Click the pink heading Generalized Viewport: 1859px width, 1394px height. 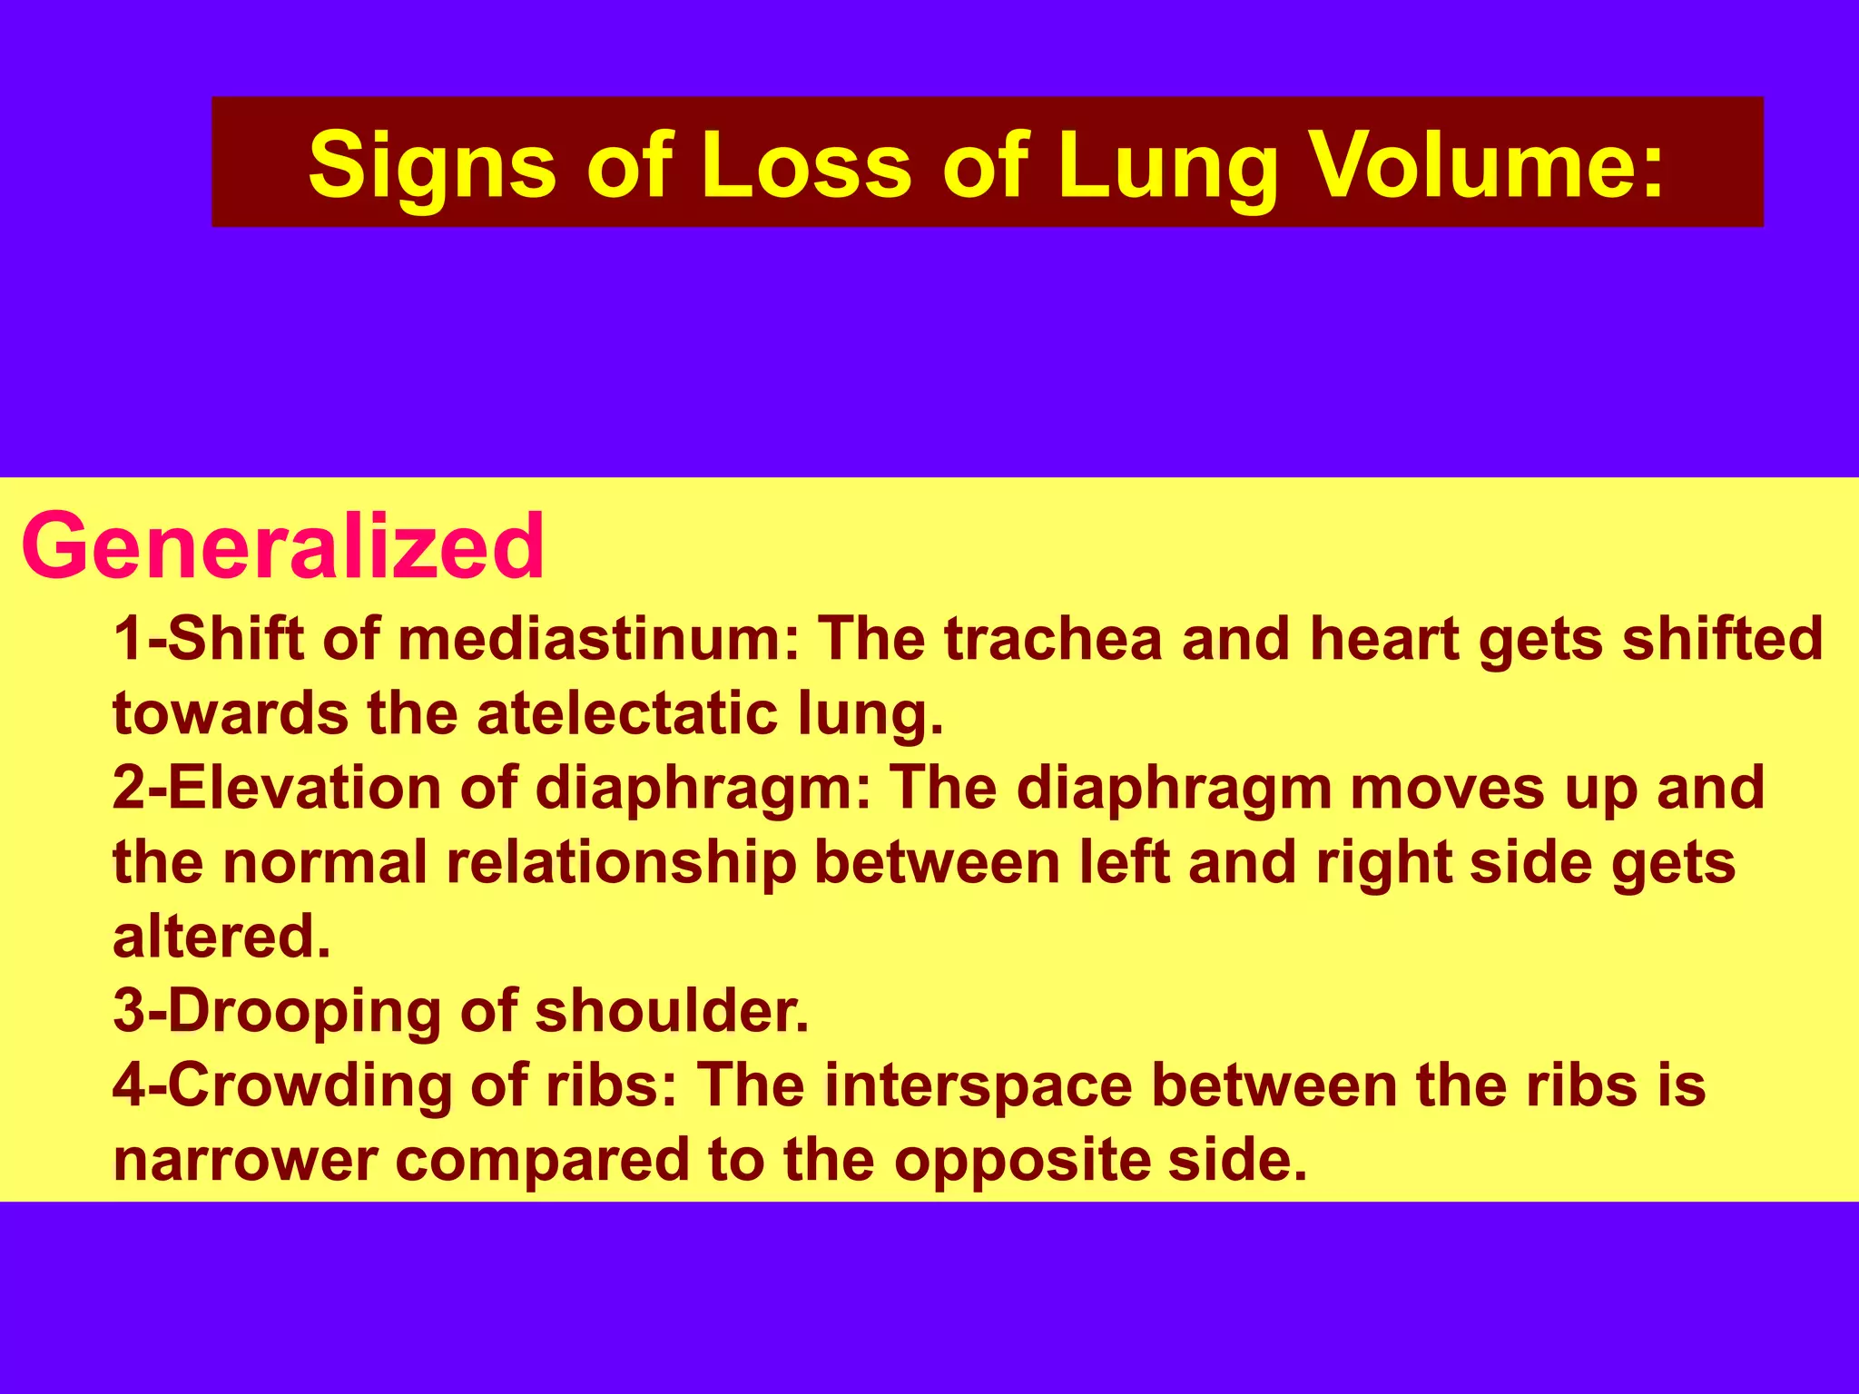[282, 546]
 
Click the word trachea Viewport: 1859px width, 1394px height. [1053, 639]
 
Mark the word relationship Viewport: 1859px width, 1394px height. [621, 862]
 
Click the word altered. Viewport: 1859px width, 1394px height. [221, 937]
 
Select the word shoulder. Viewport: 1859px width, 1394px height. [671, 1011]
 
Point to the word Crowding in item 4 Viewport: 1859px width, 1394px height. [310, 1085]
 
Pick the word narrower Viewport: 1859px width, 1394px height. [245, 1160]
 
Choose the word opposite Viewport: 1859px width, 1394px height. [1021, 1160]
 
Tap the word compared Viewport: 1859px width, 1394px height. [543, 1160]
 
